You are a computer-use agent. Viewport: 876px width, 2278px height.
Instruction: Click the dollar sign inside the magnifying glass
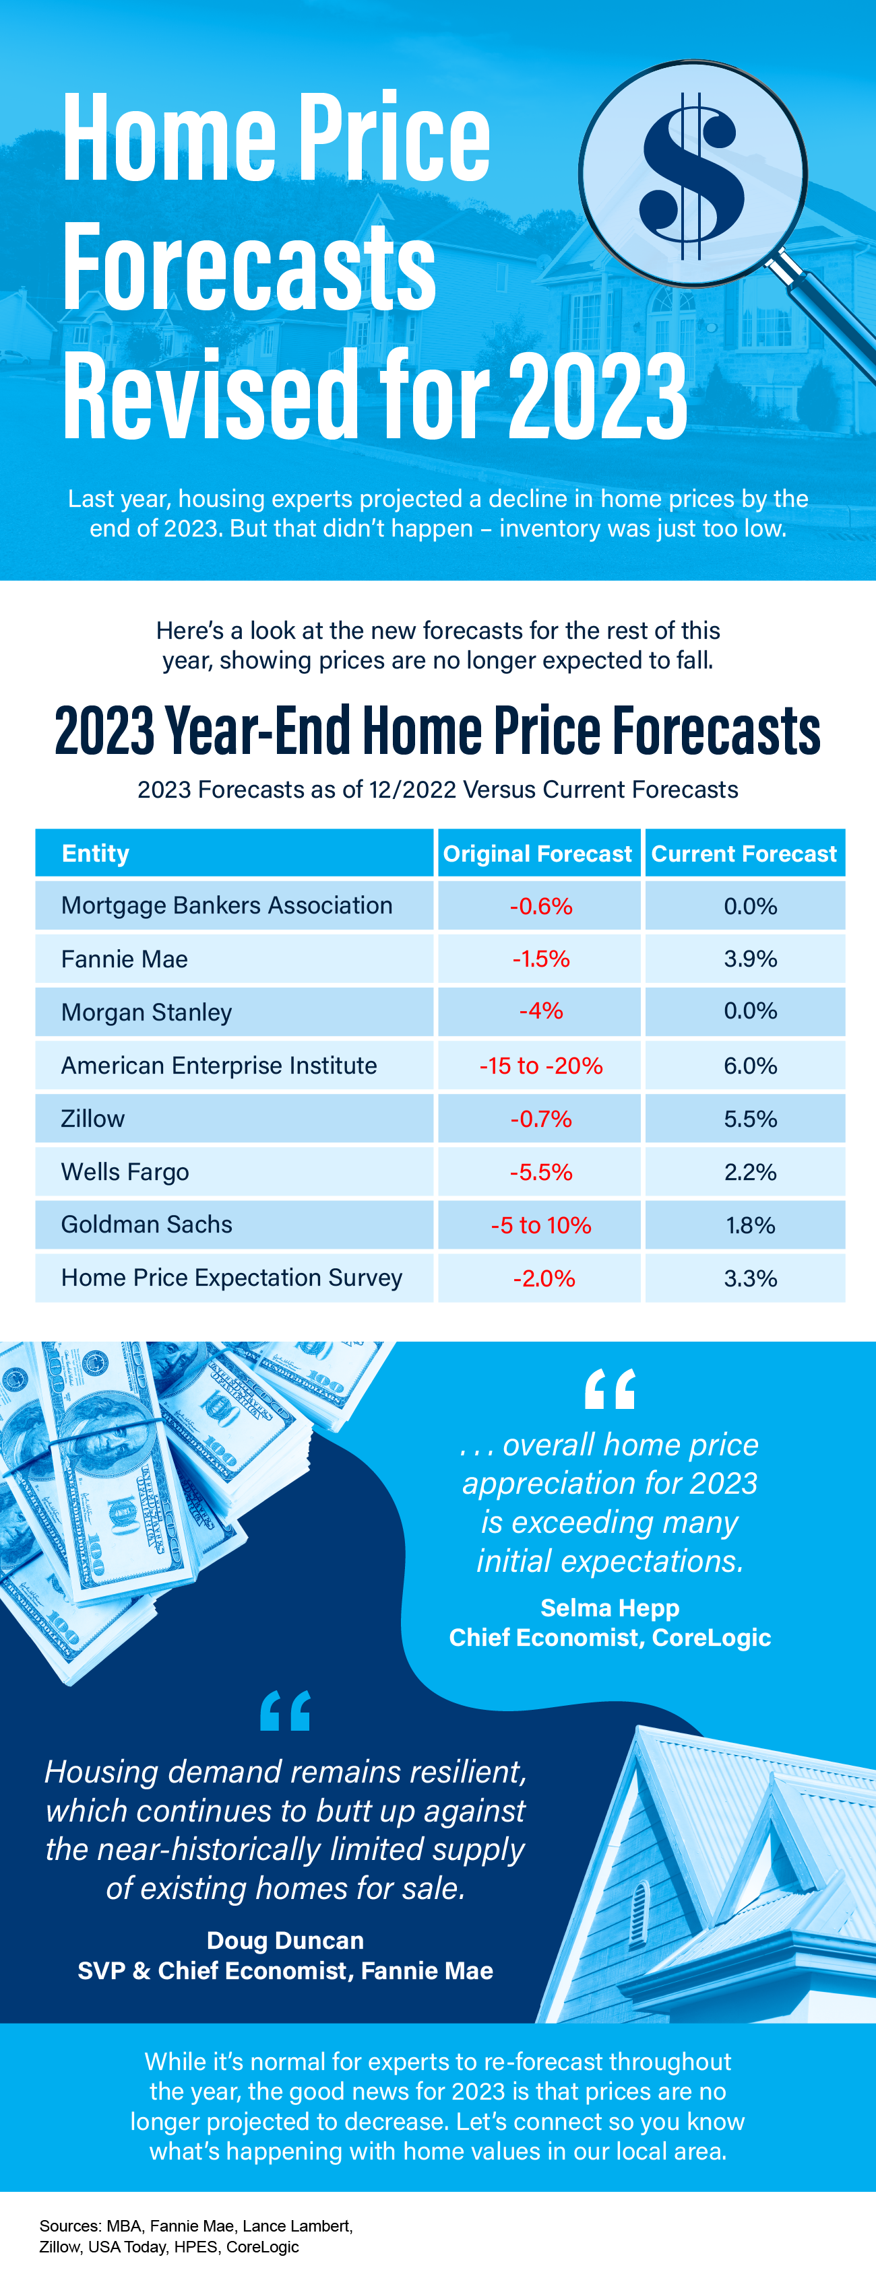693,175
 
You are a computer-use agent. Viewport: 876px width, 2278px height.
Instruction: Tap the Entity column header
96,854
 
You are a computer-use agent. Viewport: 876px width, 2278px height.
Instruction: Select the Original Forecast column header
537,854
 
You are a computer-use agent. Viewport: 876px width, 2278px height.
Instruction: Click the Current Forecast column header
743,854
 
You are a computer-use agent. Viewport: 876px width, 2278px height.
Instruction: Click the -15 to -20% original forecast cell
540,1066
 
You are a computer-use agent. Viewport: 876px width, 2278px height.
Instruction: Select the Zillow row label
93,1119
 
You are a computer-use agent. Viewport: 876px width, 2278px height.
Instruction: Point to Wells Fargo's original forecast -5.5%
540,1172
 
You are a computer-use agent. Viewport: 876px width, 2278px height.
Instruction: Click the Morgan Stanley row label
146,1012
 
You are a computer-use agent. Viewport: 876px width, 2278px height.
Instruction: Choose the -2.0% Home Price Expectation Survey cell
543,1278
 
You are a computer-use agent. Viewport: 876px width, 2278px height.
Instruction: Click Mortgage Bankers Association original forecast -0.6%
540,905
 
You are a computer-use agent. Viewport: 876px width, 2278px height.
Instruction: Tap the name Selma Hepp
610,1607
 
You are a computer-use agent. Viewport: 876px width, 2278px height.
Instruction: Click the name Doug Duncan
285,1939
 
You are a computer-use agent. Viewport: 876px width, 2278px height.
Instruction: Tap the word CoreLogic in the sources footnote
263,2246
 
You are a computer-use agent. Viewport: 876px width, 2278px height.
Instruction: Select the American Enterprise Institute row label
218,1066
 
